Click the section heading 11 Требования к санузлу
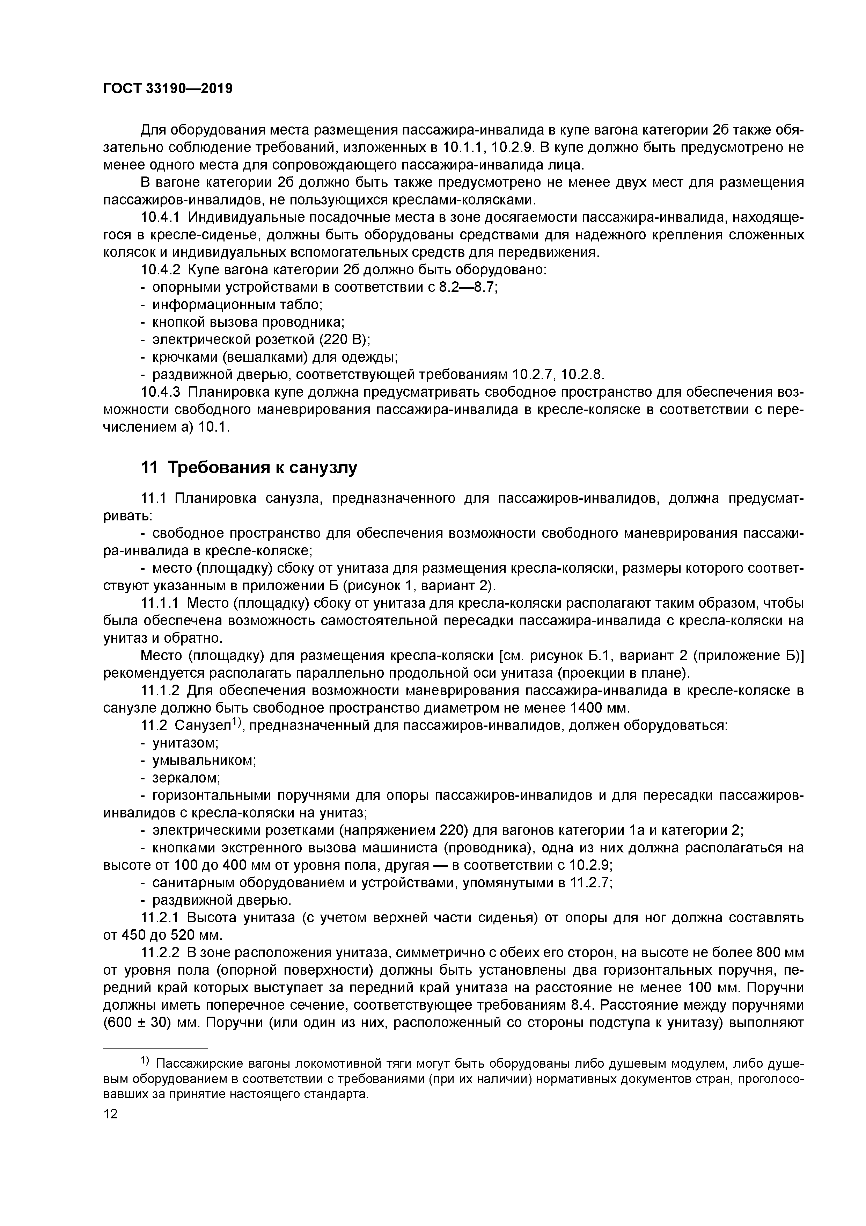249,468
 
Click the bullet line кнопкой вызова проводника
249,323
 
